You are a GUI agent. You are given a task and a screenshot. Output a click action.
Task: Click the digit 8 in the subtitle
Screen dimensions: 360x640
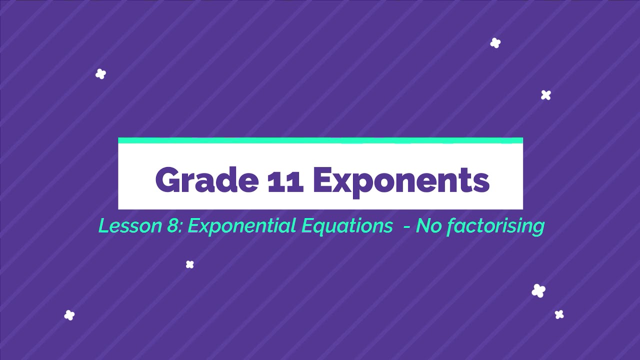click(x=172, y=226)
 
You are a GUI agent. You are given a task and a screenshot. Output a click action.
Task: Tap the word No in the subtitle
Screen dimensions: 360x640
click(x=427, y=226)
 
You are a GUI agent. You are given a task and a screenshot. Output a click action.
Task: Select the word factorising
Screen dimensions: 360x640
click(x=495, y=226)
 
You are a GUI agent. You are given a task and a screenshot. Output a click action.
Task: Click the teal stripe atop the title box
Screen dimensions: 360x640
click(x=320, y=140)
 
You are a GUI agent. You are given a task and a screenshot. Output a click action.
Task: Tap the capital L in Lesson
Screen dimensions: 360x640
click(x=103, y=226)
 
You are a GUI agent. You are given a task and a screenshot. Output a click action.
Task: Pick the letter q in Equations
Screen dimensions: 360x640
click(x=317, y=228)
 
